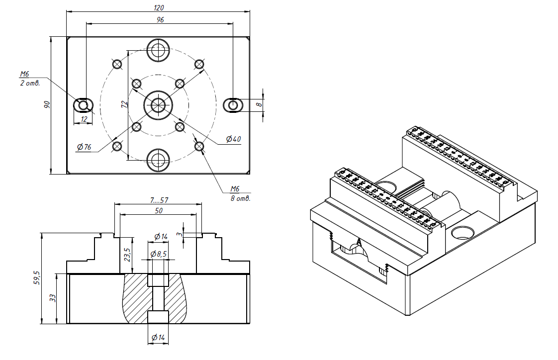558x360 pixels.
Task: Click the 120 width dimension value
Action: pos(159,7)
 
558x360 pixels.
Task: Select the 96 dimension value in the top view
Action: pos(160,19)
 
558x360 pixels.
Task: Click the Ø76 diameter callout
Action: pos(84,147)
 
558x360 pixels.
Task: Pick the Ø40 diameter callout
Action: pos(233,139)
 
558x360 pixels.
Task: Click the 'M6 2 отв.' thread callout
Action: pos(29,79)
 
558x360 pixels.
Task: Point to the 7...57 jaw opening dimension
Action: pos(159,199)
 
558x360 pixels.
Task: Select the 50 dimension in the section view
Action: pos(159,210)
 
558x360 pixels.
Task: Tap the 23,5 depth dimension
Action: pos(127,255)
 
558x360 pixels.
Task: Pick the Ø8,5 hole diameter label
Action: pos(159,254)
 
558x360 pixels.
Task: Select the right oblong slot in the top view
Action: pos(233,105)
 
